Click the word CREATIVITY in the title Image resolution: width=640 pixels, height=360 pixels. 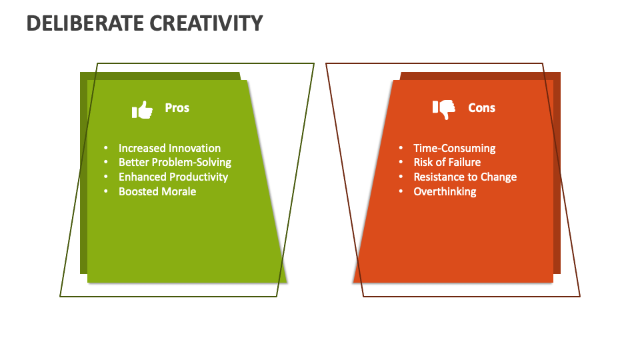click(206, 23)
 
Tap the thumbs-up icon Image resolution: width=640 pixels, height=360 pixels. click(142, 109)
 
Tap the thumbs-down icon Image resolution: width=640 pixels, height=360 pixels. click(444, 109)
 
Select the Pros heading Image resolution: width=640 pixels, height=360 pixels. click(177, 108)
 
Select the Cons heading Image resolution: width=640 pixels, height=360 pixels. click(481, 108)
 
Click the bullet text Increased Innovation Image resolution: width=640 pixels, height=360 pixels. click(169, 148)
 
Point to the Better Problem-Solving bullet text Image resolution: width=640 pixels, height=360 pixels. click(175, 162)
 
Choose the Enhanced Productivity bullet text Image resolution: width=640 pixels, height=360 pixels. click(173, 177)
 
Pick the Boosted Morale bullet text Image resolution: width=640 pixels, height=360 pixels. click(157, 191)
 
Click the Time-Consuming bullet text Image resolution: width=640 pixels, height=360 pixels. click(454, 148)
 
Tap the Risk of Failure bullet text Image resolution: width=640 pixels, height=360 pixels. click(447, 162)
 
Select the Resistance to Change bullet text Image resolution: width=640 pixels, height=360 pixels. click(465, 177)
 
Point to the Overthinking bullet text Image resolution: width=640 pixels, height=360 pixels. click(445, 191)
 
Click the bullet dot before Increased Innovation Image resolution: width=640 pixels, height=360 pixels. click(105, 149)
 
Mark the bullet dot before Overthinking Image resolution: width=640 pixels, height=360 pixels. click(401, 192)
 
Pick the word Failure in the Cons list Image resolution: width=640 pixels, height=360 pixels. click(464, 162)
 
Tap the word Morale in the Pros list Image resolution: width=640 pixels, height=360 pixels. click(179, 191)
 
